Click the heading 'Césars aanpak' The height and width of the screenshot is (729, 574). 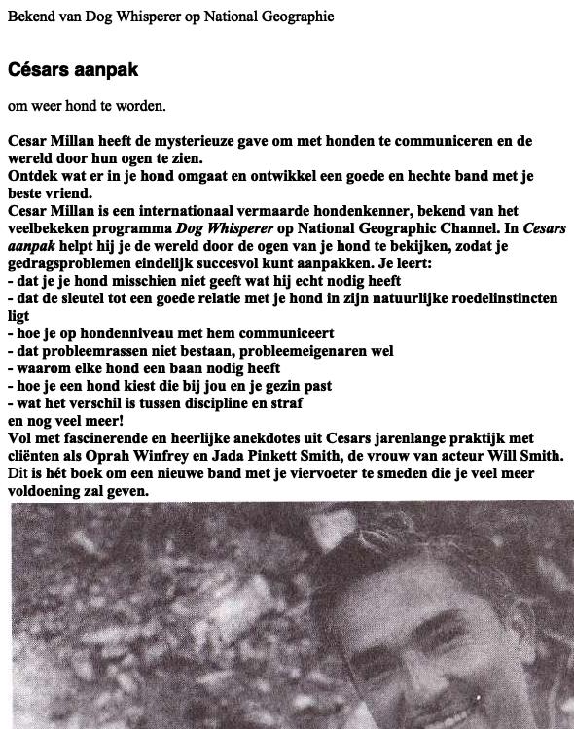click(x=73, y=70)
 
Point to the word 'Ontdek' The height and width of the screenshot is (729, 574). click(x=31, y=176)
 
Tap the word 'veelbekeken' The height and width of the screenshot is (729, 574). click(x=49, y=228)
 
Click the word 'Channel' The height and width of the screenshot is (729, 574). click(x=444, y=228)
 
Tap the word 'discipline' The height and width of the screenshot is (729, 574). click(x=246, y=403)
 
